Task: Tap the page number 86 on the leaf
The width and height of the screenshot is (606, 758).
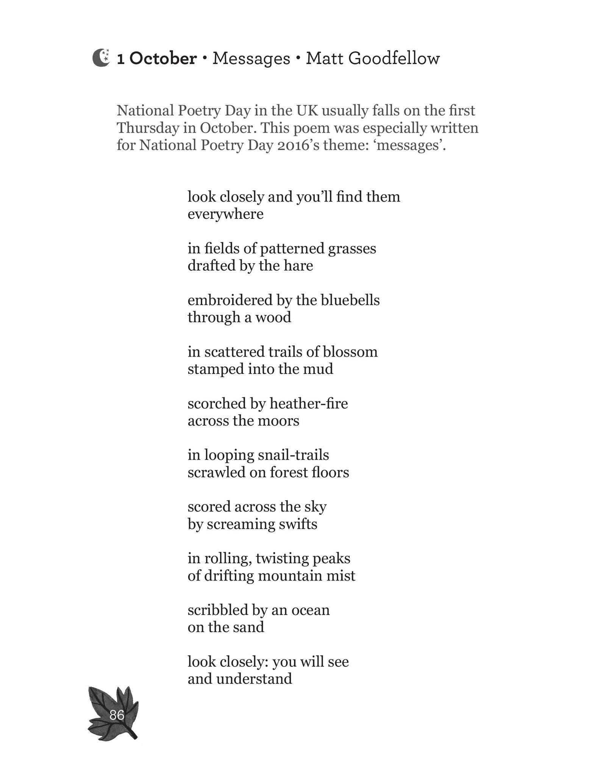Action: [x=117, y=715]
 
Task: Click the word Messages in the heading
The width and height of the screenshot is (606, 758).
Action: [x=251, y=59]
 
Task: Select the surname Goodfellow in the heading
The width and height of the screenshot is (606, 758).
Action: [x=394, y=58]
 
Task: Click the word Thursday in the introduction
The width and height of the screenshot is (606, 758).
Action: [x=148, y=128]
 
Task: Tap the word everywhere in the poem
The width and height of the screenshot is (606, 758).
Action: [x=225, y=214]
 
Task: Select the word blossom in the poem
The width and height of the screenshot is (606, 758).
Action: [x=350, y=352]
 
